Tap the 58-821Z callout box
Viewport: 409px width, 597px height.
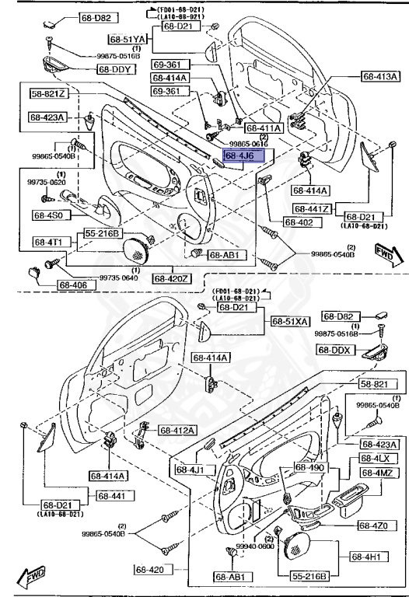[x=50, y=94]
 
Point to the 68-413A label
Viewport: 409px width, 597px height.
[x=381, y=76]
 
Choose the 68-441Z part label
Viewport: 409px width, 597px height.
[x=313, y=209]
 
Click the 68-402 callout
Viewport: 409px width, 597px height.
[x=299, y=222]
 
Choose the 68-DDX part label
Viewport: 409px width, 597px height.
[x=335, y=350]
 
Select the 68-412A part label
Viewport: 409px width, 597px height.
[x=178, y=431]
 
